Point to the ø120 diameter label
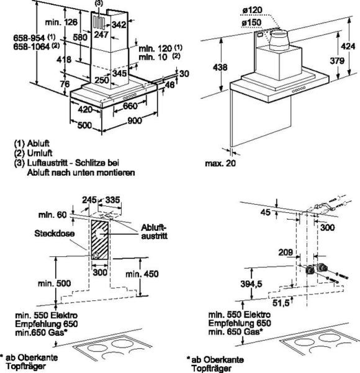[x=252, y=10]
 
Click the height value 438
[x=220, y=67]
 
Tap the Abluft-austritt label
[x=154, y=232]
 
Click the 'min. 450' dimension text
[x=142, y=274]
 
